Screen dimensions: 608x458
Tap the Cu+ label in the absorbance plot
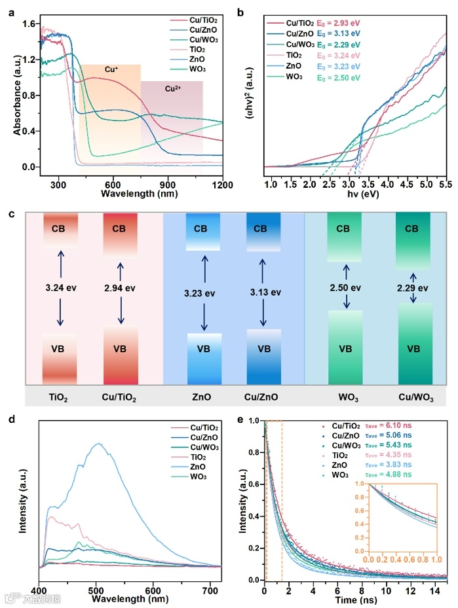point(112,69)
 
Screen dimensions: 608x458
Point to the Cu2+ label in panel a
point(171,86)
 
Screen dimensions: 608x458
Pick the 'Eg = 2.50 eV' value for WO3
point(339,77)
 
